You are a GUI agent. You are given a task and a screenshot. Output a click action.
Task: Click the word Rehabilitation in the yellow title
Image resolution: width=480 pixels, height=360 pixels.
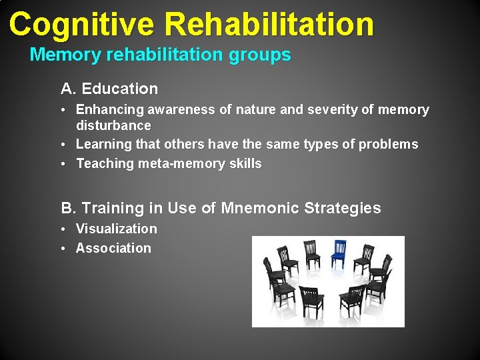[x=269, y=24]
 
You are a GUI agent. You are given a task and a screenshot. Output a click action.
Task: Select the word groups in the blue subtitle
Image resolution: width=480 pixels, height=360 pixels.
[x=259, y=55]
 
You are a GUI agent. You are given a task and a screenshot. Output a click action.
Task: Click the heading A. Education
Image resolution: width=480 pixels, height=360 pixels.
[x=109, y=89]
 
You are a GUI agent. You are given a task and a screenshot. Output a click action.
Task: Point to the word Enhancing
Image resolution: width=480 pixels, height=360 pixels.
[x=111, y=109]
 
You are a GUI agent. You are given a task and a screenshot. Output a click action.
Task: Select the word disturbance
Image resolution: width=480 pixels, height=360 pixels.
[x=113, y=125]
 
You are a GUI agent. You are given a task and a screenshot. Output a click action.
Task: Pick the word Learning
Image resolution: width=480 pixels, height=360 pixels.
[x=103, y=144]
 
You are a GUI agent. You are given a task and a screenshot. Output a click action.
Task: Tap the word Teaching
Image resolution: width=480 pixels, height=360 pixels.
[x=104, y=163]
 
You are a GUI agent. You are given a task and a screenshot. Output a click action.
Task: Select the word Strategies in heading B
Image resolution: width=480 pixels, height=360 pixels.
[x=343, y=208]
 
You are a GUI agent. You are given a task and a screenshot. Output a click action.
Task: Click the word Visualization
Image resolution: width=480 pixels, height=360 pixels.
[x=117, y=229]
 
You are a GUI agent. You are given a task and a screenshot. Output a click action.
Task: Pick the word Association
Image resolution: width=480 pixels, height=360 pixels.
[x=113, y=248]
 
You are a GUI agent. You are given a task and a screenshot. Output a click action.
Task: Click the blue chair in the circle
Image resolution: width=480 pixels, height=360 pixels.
[x=338, y=255]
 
